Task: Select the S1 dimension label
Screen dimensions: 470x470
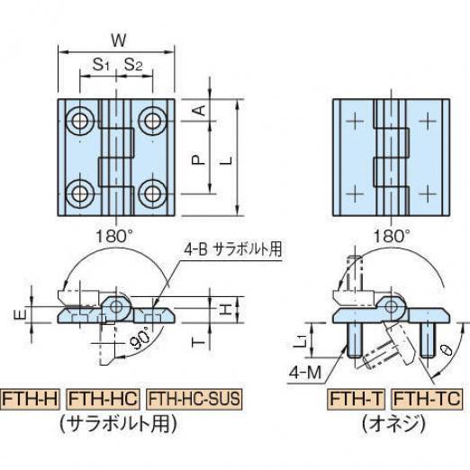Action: click(101, 65)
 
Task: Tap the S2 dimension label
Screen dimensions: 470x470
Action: click(133, 65)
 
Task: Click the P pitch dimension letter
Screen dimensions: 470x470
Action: click(198, 159)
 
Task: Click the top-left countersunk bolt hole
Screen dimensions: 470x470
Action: click(80, 121)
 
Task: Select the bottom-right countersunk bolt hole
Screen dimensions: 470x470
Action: click(152, 194)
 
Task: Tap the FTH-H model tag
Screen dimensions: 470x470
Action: click(31, 399)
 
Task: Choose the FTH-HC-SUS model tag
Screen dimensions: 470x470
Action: click(194, 399)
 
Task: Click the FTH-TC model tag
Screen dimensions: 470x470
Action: click(427, 399)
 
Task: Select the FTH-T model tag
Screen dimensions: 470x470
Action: click(357, 399)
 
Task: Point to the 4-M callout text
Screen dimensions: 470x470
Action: click(305, 373)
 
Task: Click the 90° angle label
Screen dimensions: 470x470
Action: click(141, 339)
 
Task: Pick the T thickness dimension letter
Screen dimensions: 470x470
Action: click(198, 341)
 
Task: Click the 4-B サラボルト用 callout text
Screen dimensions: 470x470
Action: click(233, 249)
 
